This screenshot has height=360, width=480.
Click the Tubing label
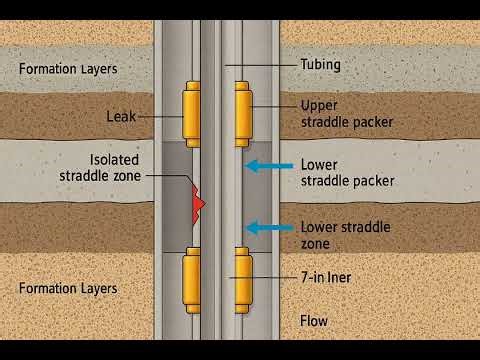click(320, 65)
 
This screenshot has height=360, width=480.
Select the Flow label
click(313, 321)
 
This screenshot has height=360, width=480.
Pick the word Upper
click(319, 105)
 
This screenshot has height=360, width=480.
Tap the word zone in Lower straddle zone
click(317, 244)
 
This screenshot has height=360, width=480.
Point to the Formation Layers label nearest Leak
click(68, 69)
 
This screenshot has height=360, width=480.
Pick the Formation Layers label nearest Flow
click(68, 288)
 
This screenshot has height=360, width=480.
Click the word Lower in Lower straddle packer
click(319, 165)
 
